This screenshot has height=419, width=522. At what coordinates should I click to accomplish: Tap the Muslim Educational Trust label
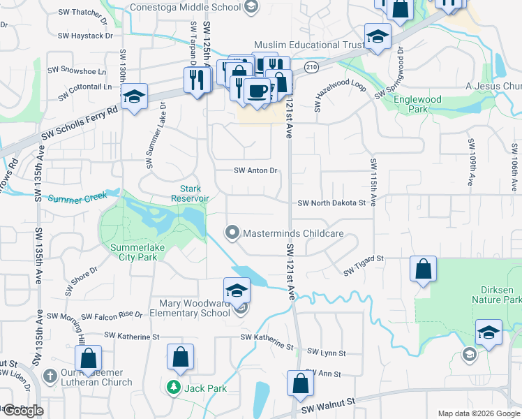pyautogui.click(x=308, y=45)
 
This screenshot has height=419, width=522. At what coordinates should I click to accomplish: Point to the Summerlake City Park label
pyautogui.click(x=135, y=251)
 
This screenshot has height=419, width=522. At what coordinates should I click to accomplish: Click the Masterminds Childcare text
pyautogui.click(x=292, y=233)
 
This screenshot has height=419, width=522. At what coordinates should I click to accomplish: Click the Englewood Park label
pyautogui.click(x=417, y=104)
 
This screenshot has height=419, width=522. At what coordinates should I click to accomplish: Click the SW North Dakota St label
pyautogui.click(x=331, y=203)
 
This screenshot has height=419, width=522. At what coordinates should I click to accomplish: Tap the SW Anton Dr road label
pyautogui.click(x=255, y=170)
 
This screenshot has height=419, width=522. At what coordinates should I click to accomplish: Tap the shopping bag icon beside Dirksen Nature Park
pyautogui.click(x=423, y=270)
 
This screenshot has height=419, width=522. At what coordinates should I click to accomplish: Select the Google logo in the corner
pyautogui.click(x=23, y=411)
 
